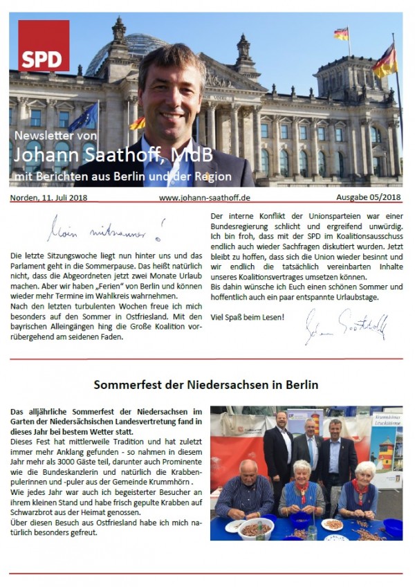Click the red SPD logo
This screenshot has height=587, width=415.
(x=44, y=46)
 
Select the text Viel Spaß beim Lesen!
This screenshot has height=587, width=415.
(x=247, y=318)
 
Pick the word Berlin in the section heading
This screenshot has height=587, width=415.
(x=299, y=383)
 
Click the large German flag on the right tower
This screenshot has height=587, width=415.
(x=385, y=61)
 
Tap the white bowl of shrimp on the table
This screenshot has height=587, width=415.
(x=256, y=528)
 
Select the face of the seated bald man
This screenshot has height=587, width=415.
(x=248, y=471)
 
